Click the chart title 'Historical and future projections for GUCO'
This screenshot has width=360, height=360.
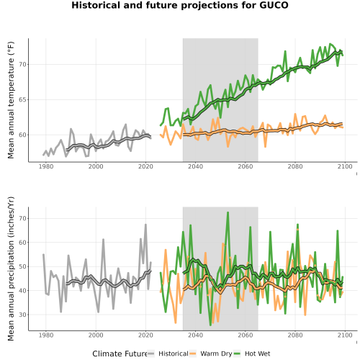(x=180, y=5)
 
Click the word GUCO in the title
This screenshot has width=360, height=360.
(x=274, y=5)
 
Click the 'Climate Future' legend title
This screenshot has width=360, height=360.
(x=120, y=354)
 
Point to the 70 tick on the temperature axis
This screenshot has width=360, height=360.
(x=22, y=64)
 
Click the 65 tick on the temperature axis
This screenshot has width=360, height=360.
(x=22, y=99)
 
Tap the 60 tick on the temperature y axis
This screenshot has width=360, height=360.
(x=22, y=135)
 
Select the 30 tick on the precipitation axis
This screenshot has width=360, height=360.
(x=22, y=315)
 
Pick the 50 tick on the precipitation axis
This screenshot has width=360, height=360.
(x=22, y=266)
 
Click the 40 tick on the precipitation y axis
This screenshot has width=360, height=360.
(x=22, y=291)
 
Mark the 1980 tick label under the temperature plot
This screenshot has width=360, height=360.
(x=46, y=166)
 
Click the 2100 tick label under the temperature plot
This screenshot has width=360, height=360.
(x=345, y=166)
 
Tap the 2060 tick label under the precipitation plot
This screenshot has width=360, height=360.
(x=246, y=335)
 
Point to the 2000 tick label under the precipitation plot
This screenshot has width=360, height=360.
(x=96, y=335)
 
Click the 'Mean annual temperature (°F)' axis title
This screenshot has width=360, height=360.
(x=11, y=100)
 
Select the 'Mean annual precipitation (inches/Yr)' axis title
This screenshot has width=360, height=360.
(x=11, y=269)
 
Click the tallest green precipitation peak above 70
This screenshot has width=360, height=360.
(x=228, y=213)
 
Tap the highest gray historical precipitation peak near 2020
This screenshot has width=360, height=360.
(x=145, y=225)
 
